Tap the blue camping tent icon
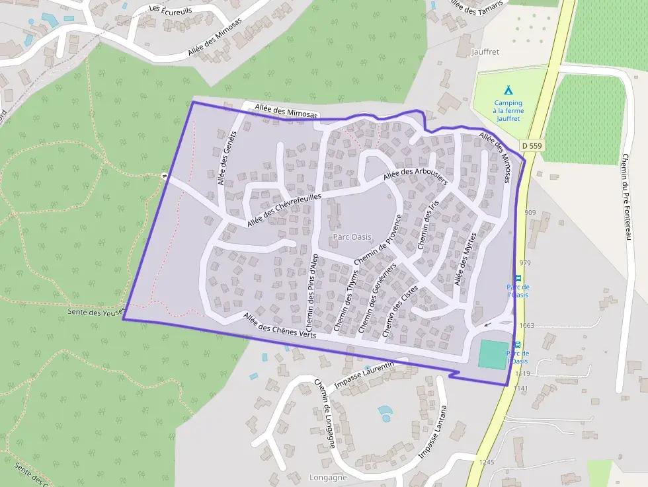pyautogui.click(x=508, y=90)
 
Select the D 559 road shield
pyautogui.click(x=532, y=145)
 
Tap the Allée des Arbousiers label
pyautogui.click(x=415, y=176)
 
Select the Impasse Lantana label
pyautogui.click(x=433, y=432)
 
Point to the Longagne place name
pyautogui.click(x=329, y=477)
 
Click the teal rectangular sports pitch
pyautogui.click(x=493, y=354)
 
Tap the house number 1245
pyautogui.click(x=487, y=462)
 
